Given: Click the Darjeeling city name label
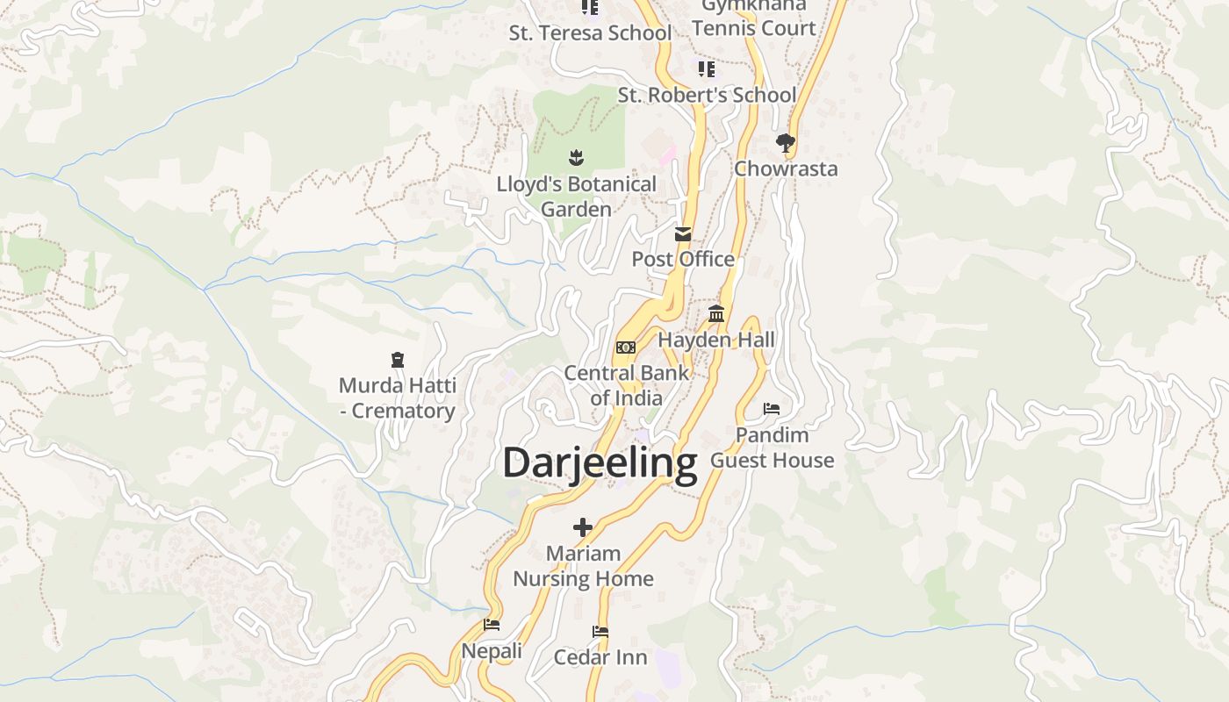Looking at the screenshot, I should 600,462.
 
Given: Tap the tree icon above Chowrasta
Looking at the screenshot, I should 786,142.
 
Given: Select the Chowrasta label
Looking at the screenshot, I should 786,168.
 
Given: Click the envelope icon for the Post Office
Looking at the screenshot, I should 683,234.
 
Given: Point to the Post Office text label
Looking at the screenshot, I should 683,259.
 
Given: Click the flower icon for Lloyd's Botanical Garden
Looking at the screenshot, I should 576,158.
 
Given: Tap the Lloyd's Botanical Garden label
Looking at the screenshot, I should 576,197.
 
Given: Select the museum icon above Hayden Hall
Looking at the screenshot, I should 716,314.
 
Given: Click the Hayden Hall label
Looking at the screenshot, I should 716,340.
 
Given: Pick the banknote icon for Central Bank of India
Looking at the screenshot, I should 625,347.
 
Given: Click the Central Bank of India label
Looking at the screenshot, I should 626,385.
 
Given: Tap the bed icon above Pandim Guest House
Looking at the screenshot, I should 772,409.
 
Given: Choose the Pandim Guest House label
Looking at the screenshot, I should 772,448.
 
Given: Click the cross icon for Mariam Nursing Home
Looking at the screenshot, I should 583,527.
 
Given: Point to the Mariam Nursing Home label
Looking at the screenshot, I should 583,566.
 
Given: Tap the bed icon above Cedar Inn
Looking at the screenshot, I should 600,632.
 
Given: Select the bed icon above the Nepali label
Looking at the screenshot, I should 492,625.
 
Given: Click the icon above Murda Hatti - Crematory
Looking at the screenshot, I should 398,360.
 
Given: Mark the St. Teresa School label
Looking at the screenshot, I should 590,33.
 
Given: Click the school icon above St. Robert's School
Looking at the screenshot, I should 707,68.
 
